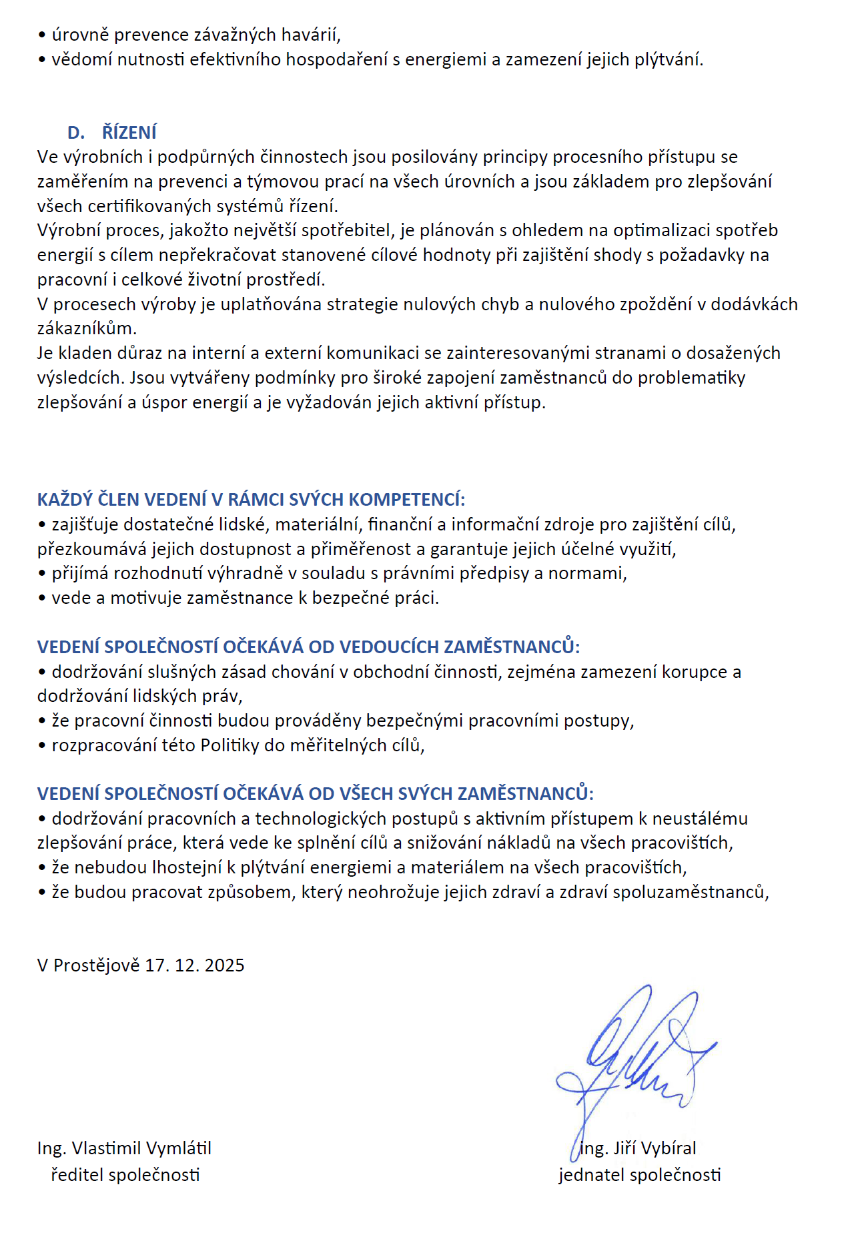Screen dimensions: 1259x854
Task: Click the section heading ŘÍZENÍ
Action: click(129, 132)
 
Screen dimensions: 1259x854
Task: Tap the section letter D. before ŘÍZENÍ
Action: click(76, 132)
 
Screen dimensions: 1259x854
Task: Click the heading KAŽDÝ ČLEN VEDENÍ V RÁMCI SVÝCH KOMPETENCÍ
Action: click(251, 500)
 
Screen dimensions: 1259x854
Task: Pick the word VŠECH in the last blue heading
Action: click(366, 793)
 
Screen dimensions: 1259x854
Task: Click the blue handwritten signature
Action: click(634, 1058)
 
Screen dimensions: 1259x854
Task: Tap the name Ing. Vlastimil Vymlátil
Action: click(124, 1148)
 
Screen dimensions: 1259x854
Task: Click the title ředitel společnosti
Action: click(125, 1175)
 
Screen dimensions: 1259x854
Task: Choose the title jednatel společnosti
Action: click(640, 1175)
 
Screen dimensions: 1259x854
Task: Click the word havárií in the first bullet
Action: click(313, 35)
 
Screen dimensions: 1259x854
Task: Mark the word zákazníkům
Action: click(87, 328)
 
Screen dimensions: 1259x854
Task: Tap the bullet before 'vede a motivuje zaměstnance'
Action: click(42, 598)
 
